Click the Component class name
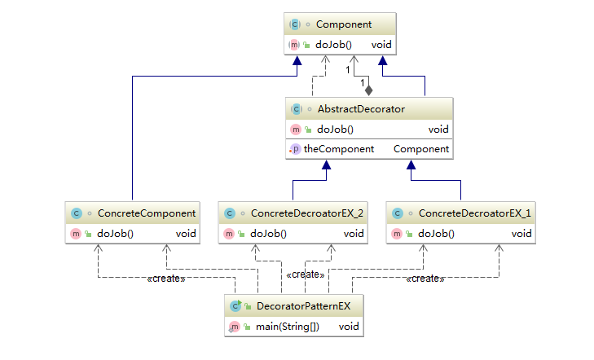[343, 25]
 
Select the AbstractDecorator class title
[360, 108]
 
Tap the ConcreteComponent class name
[147, 213]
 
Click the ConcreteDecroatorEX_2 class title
[307, 213]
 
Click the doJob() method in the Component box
[332, 44]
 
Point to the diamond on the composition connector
[369, 90]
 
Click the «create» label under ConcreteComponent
[166, 279]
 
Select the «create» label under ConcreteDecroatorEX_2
[306, 274]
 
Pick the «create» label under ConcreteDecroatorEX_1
[425, 279]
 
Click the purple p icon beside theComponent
[297, 149]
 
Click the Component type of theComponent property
[421, 149]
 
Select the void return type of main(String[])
[349, 326]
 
